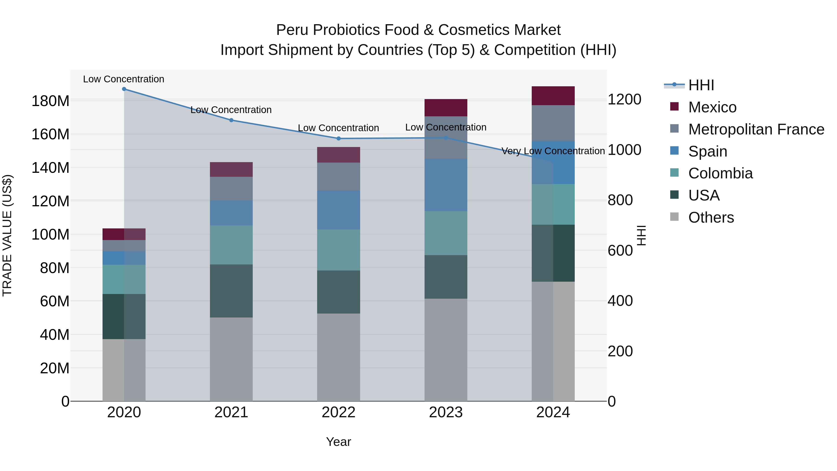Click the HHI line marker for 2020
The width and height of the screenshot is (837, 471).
pos(124,89)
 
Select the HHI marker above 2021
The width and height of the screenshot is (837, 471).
pos(231,120)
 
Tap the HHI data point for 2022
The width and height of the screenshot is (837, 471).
pos(339,138)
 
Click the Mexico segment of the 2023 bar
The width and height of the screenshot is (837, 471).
pos(446,108)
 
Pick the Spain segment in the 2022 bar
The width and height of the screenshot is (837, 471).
pos(339,210)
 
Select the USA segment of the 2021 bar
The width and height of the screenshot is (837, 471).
pos(231,291)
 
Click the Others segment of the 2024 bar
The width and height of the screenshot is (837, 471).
pos(553,341)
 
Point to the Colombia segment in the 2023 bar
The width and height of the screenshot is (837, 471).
pos(446,233)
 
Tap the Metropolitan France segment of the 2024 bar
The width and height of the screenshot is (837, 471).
pos(553,123)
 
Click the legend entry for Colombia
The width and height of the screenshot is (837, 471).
pos(720,173)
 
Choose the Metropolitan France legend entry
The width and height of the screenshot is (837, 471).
pos(756,129)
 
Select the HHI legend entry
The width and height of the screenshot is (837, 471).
pos(701,85)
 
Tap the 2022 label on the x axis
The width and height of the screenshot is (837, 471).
pos(339,412)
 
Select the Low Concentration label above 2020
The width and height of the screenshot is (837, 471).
pos(124,79)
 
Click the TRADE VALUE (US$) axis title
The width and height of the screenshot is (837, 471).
pos(7,235)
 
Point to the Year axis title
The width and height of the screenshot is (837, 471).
pos(339,442)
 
